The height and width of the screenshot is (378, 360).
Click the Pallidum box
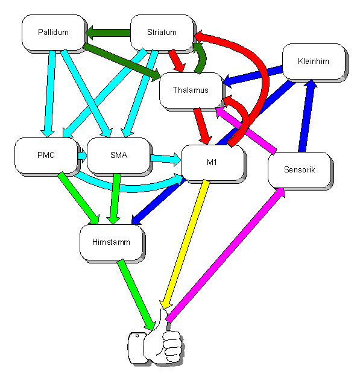tap(54, 33)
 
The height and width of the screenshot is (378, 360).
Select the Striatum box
tap(162, 33)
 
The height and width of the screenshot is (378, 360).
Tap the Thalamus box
tap(191, 90)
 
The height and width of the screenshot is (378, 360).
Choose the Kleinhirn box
tap(314, 61)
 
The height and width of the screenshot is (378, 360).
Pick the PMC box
tap(46, 156)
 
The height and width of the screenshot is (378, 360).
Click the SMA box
tap(119, 156)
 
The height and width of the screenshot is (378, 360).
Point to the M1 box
tap(213, 163)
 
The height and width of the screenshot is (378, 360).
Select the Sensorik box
tap(300, 170)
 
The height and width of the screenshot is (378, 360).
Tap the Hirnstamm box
tap(112, 242)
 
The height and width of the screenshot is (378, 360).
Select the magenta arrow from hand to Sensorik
tap(226, 255)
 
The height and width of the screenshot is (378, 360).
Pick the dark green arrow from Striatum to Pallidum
tap(108, 33)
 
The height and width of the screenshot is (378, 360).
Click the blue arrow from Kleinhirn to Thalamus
tap(253, 76)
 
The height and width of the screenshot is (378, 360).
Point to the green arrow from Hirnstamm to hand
tap(136, 295)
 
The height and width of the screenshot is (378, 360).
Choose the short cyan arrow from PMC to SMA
tap(82, 156)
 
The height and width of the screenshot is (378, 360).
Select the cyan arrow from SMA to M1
tap(166, 159)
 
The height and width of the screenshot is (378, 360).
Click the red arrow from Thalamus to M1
tap(202, 127)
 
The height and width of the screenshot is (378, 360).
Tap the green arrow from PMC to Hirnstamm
tap(78, 198)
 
